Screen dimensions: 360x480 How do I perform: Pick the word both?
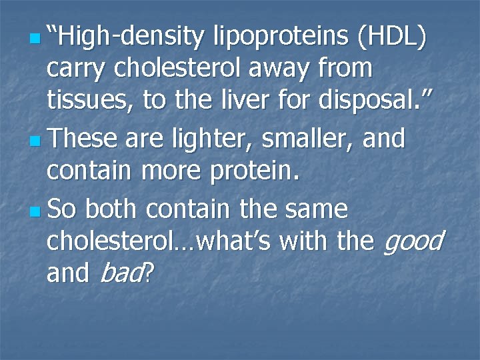point(111,210)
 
